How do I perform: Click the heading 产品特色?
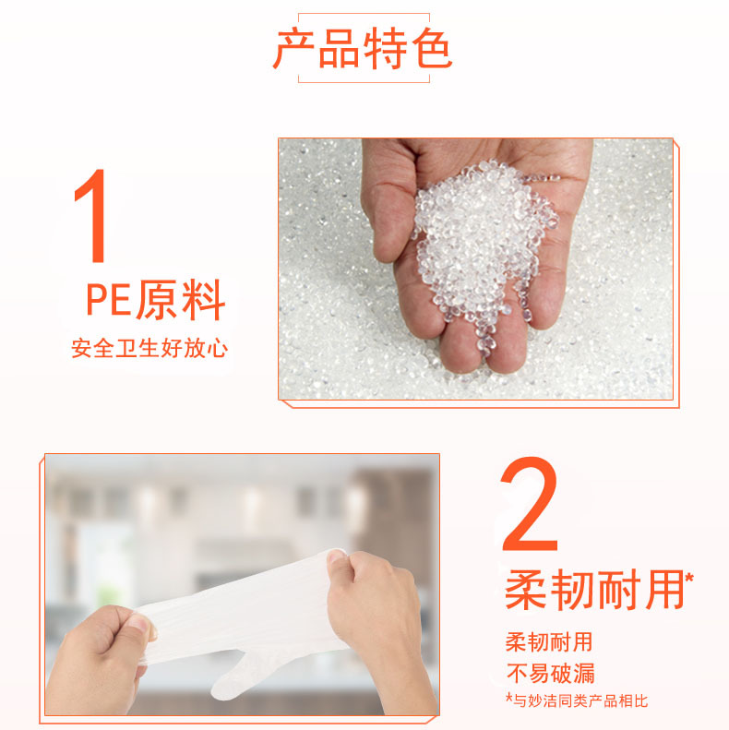point(362,48)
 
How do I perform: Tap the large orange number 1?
point(91,216)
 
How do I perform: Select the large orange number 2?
point(530,504)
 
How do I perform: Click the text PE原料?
point(156,299)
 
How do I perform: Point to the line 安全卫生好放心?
point(149,348)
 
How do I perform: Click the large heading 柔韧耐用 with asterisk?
point(599,590)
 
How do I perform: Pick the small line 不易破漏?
point(550,673)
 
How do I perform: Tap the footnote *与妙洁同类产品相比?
point(577,700)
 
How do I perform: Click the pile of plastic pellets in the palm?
point(484,242)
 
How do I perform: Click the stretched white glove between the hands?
point(242,605)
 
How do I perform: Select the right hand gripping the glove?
point(377,619)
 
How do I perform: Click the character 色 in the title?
point(432,48)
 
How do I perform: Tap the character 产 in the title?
point(293,48)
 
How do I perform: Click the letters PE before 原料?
point(109,300)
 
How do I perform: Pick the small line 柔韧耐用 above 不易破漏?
point(549,642)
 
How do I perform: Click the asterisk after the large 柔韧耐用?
point(689,578)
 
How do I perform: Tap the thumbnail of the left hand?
point(149,628)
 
